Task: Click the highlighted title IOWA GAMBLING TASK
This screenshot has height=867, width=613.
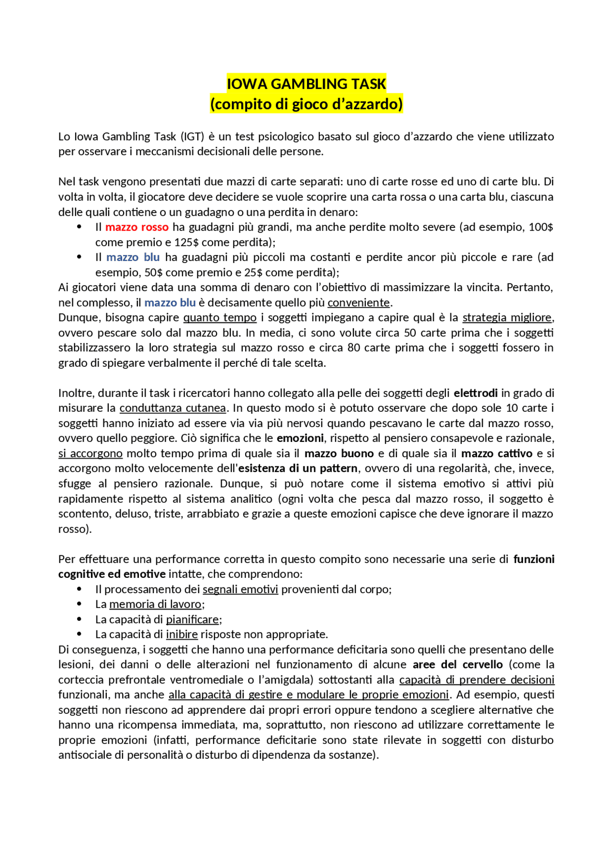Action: [x=306, y=84]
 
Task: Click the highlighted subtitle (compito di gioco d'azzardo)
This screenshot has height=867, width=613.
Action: [x=306, y=104]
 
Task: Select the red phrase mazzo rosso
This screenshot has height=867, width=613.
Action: [x=137, y=227]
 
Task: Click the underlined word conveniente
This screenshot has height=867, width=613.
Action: [x=359, y=303]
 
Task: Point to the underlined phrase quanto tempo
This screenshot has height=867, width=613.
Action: [x=220, y=317]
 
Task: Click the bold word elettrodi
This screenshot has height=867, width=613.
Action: [x=476, y=393]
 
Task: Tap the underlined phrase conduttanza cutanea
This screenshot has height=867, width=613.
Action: [x=172, y=408]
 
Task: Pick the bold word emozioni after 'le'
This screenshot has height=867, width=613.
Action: [x=300, y=438]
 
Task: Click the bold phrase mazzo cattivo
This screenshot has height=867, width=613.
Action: [x=497, y=453]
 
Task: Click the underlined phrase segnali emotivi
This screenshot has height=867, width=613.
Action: [x=240, y=589]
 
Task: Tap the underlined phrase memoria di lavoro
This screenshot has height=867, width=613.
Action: [x=156, y=604]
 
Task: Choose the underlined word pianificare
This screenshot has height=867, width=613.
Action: [x=193, y=619]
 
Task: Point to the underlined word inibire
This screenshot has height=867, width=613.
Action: [x=182, y=634]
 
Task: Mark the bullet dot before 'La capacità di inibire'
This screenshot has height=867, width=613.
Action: [x=79, y=634]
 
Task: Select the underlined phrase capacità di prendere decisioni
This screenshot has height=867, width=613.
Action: [x=477, y=680]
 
